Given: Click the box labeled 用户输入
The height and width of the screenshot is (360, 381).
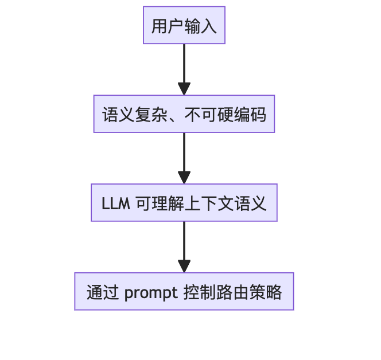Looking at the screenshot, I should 184,25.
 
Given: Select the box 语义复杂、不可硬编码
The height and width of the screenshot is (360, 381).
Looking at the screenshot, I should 184,114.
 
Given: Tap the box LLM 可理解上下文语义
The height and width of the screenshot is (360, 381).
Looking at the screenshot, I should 184,203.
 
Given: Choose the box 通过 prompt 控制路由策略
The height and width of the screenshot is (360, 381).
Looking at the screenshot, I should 184,292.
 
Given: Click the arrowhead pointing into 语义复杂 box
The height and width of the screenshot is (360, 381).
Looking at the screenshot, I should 184,89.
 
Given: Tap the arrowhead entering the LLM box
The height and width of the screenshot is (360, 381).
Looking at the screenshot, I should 184,178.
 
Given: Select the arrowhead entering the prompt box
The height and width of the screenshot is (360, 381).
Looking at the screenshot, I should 184,267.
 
